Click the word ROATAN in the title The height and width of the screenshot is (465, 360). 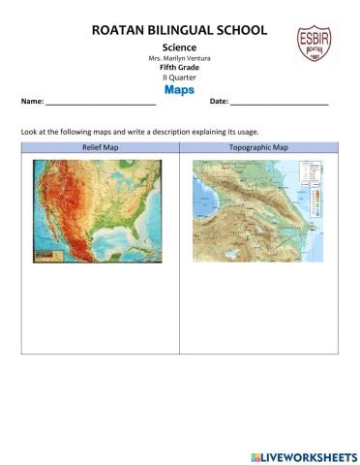click(x=120, y=31)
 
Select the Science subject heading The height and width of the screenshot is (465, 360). click(x=179, y=46)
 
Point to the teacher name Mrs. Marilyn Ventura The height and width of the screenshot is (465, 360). click(x=179, y=57)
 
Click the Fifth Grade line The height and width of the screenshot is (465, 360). click(x=179, y=67)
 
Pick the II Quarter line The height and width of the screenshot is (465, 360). click(x=179, y=77)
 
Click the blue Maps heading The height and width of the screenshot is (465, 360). click(x=179, y=89)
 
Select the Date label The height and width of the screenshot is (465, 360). click(x=219, y=102)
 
